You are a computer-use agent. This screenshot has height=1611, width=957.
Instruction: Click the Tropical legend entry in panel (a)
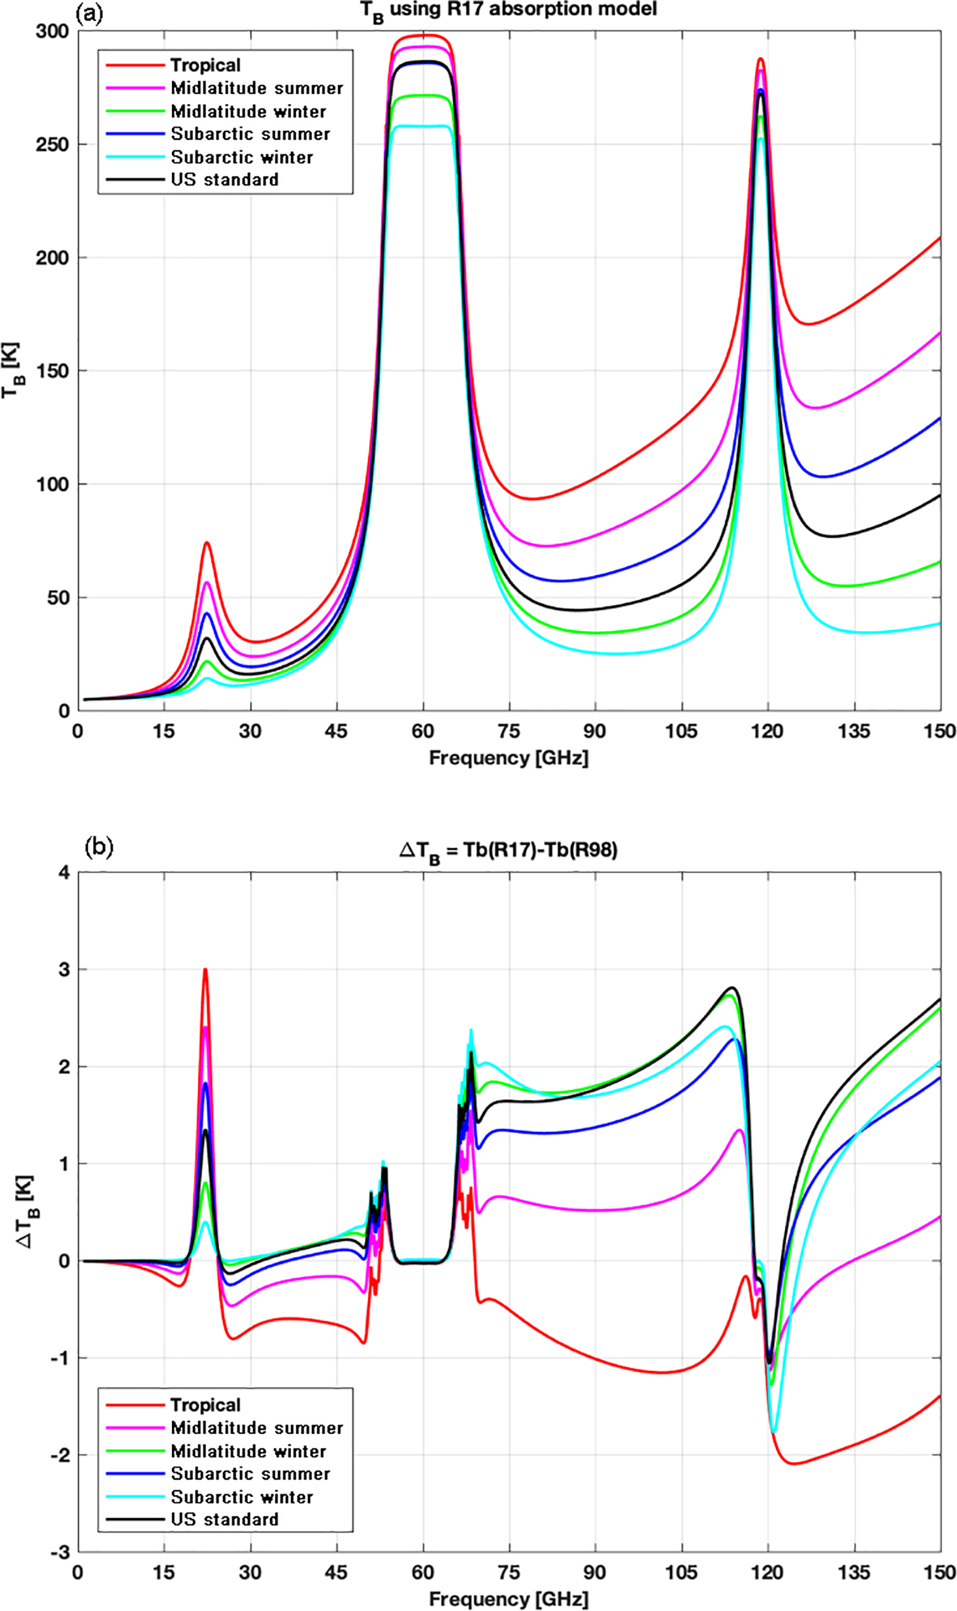coord(205,65)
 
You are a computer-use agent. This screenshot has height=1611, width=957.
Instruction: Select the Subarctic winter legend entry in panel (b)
coord(241,1497)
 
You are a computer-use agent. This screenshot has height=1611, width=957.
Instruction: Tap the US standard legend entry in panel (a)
coord(224,180)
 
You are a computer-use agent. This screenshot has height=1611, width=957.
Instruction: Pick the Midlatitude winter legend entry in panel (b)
coord(248,1451)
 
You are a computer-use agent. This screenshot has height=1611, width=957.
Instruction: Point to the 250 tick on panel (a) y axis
coord(52,144)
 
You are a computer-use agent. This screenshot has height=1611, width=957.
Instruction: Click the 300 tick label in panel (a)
coord(52,31)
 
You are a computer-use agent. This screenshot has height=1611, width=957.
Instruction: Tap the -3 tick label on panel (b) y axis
coord(60,1552)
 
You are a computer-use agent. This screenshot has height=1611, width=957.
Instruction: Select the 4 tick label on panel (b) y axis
coord(64,873)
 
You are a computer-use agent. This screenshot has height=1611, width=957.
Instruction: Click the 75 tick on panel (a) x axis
coord(509,731)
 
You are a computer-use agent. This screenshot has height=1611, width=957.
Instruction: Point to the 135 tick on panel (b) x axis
coord(854,1572)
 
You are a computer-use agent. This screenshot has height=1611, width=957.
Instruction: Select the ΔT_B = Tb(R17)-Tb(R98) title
coord(508,851)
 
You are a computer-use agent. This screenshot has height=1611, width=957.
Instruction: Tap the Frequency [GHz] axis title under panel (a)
coord(509,758)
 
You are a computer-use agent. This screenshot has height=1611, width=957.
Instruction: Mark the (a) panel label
coord(90,13)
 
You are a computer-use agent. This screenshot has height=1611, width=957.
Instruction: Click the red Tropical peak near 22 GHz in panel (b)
coord(205,970)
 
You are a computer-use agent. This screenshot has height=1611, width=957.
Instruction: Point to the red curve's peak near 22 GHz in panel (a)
coord(207,542)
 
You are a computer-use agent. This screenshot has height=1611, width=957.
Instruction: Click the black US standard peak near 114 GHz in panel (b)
coord(733,988)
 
